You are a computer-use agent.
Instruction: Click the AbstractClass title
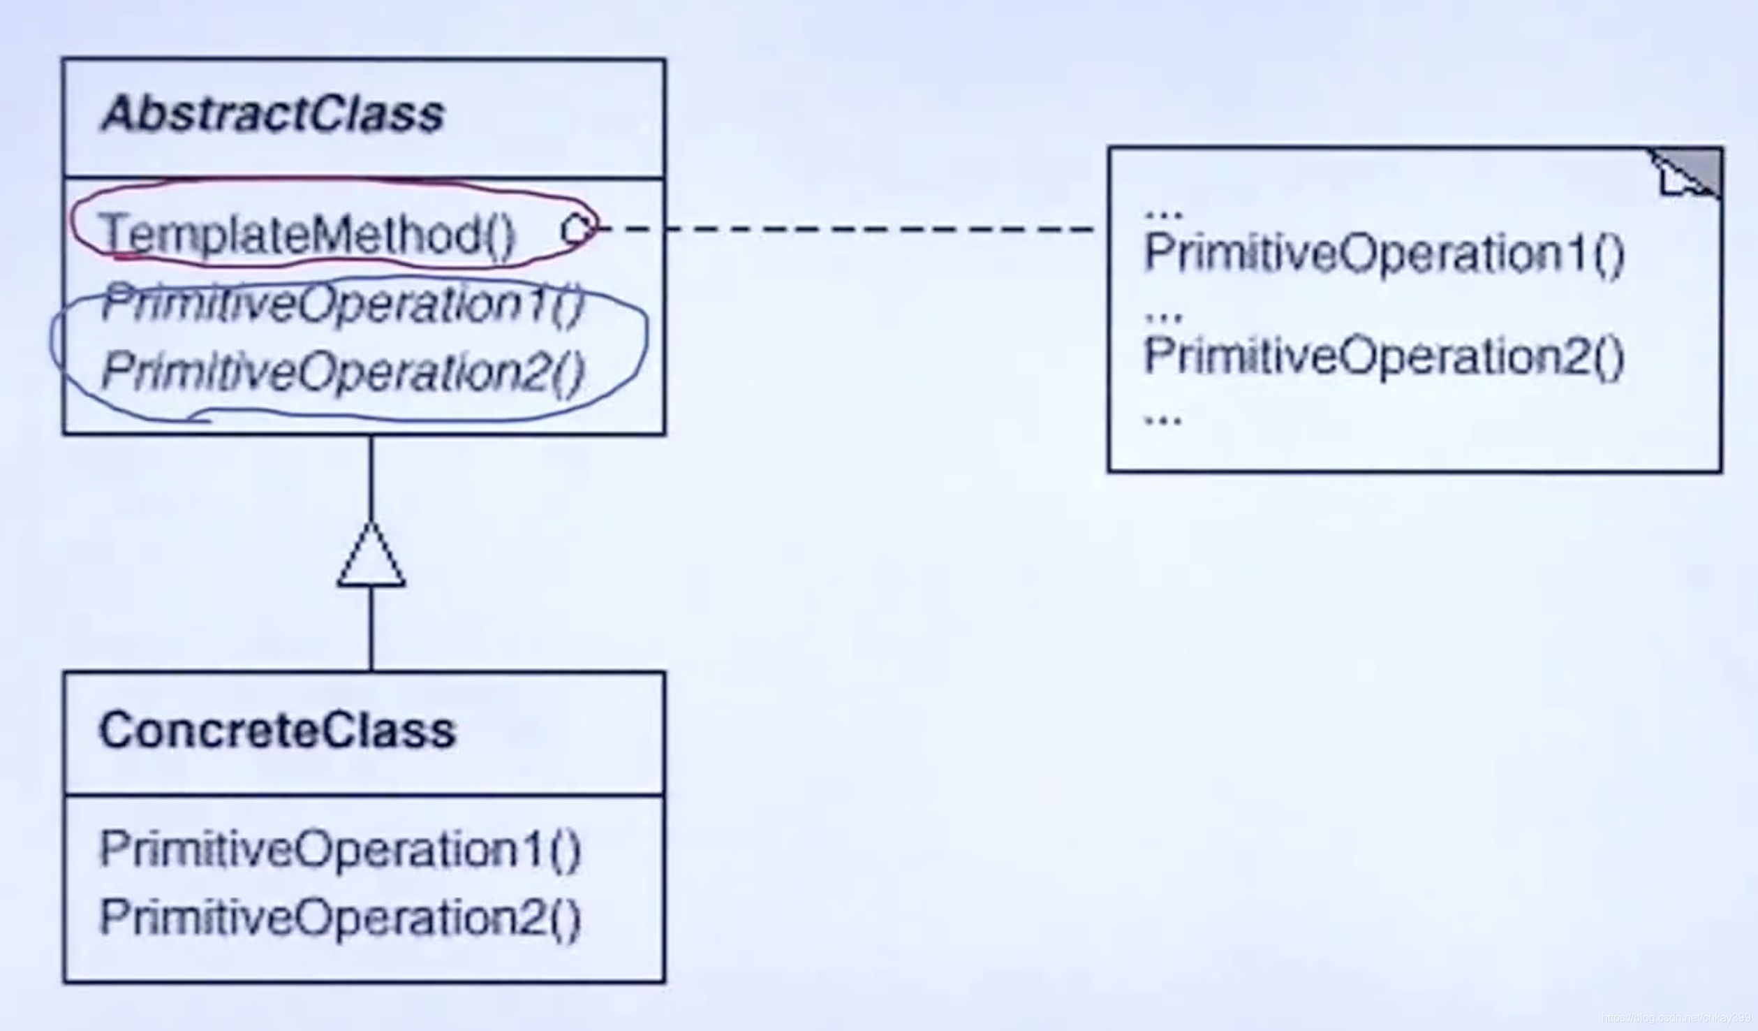pyautogui.click(x=272, y=115)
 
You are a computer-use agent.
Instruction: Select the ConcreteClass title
pyautogui.click(x=277, y=731)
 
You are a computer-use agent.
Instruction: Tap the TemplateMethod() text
pyautogui.click(x=307, y=234)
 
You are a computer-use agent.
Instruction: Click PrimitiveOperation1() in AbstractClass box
pyautogui.click(x=342, y=304)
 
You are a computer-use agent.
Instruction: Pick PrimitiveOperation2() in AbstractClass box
pyautogui.click(x=342, y=371)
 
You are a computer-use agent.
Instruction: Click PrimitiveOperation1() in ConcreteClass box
pyautogui.click(x=340, y=850)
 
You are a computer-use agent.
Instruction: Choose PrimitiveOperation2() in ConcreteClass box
pyautogui.click(x=340, y=917)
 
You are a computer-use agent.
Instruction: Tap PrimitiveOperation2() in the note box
pyautogui.click(x=1384, y=356)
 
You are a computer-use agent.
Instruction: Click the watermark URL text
pyautogui.click(x=1676, y=1018)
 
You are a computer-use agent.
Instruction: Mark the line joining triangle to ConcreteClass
pyautogui.click(x=371, y=629)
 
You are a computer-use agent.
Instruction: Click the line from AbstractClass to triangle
pyautogui.click(x=371, y=478)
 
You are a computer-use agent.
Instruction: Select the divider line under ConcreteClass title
pyautogui.click(x=364, y=795)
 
